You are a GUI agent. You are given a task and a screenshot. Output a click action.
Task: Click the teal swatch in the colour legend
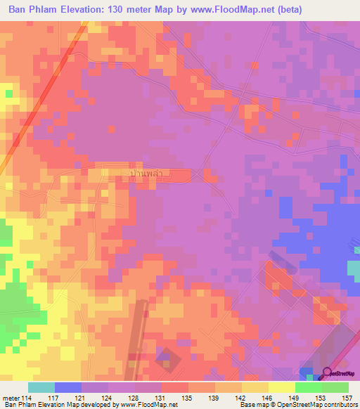41,387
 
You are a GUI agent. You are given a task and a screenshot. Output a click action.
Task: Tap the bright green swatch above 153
309,387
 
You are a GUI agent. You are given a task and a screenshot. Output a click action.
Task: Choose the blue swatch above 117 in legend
68,387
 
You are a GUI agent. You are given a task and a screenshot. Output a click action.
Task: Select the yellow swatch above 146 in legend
255,387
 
